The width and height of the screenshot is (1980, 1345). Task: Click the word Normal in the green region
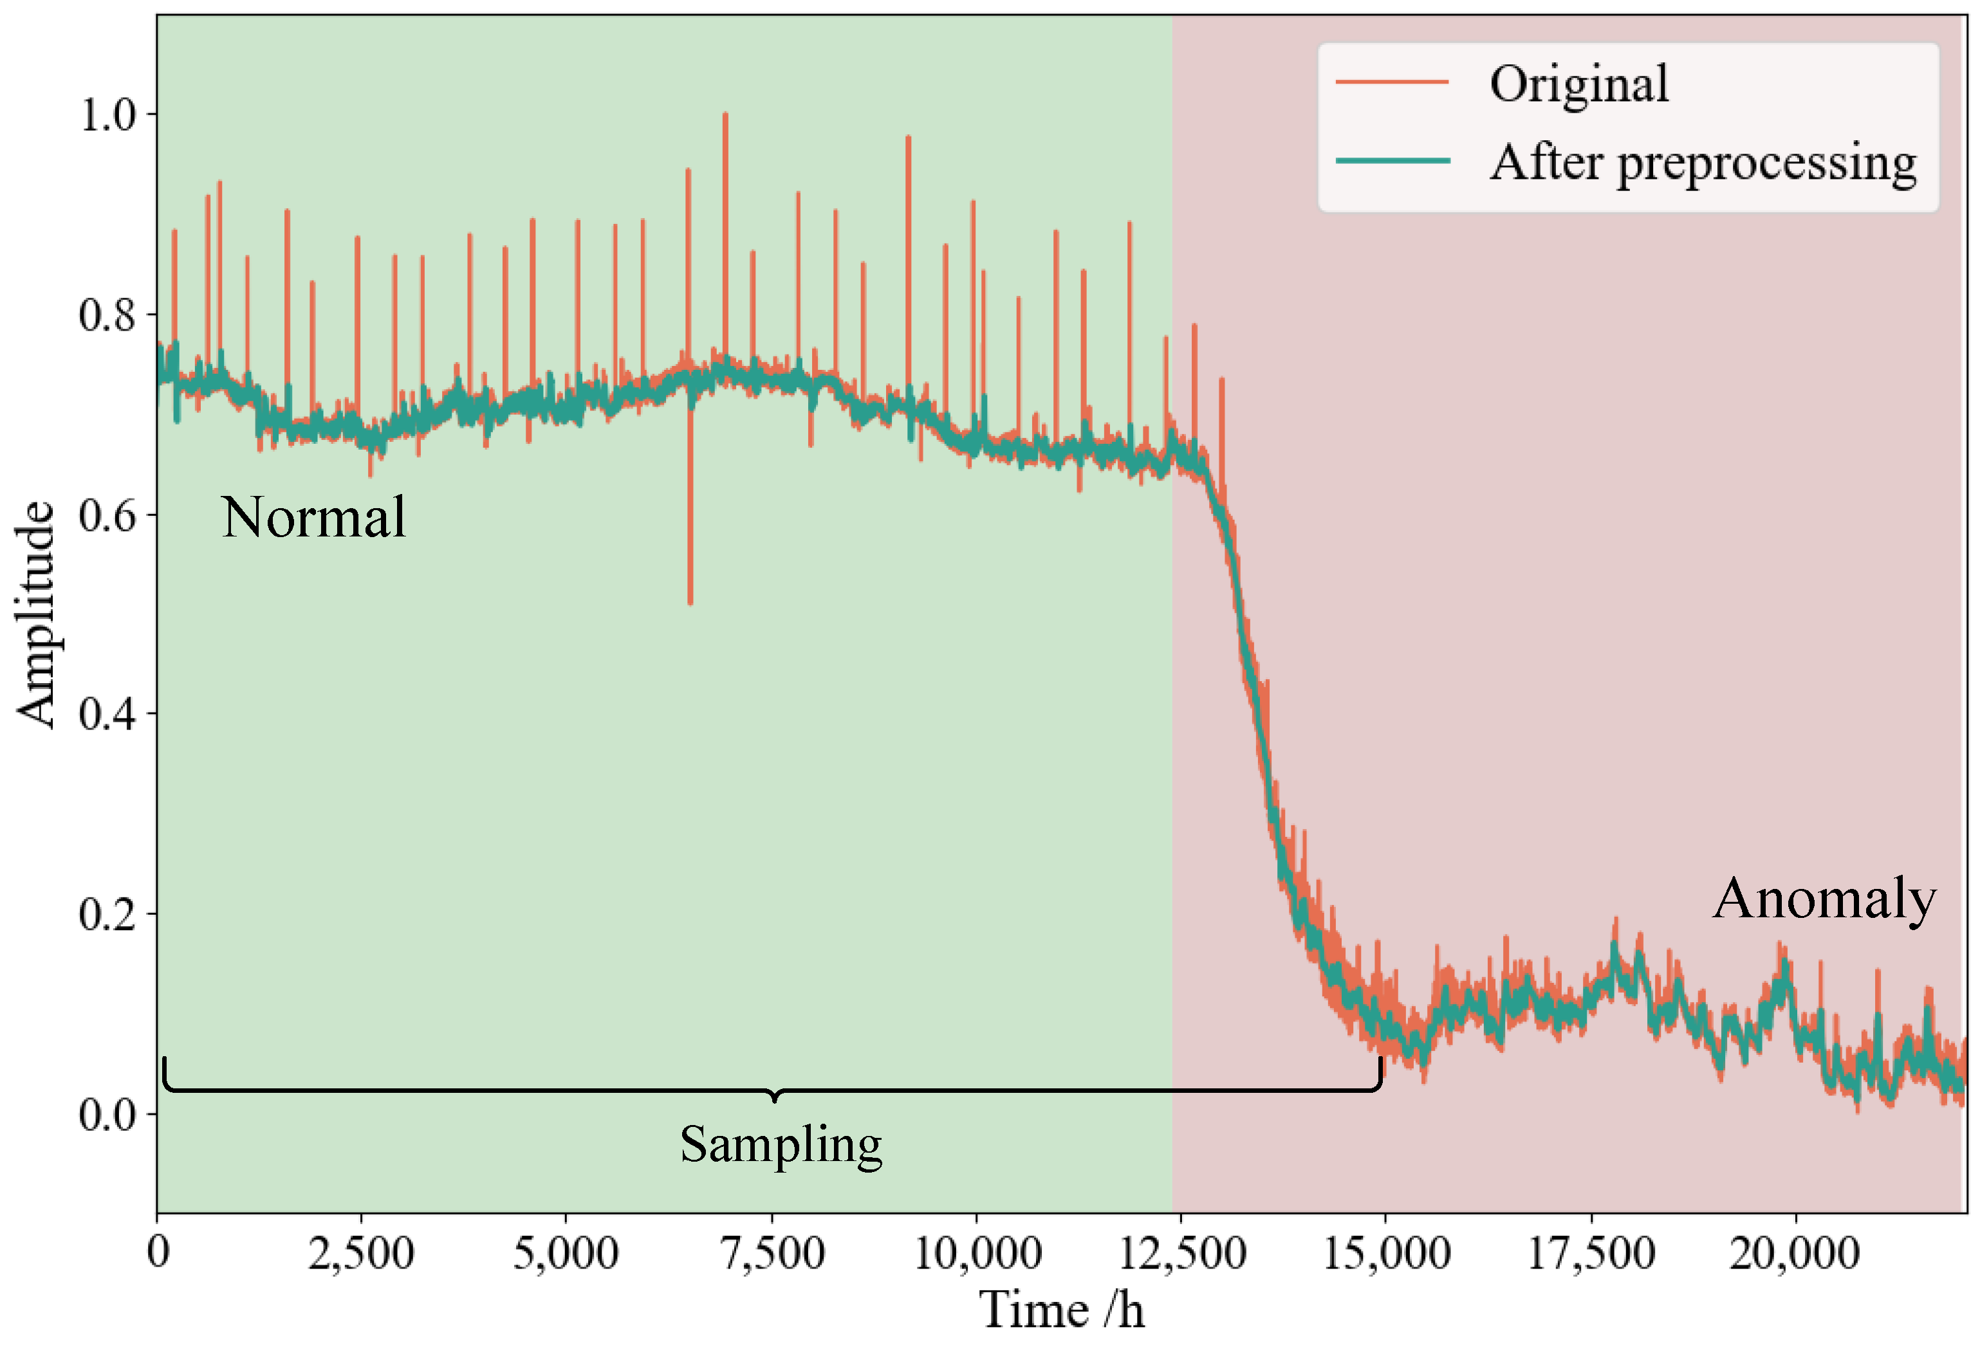coord(313,517)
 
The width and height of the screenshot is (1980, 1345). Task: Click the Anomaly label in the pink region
coord(1824,899)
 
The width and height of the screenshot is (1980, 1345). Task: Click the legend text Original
coord(1578,84)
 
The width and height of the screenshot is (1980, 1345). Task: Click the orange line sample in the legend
coord(1392,82)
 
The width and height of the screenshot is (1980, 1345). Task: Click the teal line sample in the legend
coord(1392,161)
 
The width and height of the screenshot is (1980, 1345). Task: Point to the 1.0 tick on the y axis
coord(107,114)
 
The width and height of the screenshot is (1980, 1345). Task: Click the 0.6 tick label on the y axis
coord(107,515)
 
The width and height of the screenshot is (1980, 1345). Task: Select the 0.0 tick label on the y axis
coord(107,1114)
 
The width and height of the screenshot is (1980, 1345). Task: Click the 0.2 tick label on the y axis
coord(107,914)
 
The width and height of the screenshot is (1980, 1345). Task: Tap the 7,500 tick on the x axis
coord(773,1253)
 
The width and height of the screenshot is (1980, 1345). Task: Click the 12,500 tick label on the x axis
coord(1181,1253)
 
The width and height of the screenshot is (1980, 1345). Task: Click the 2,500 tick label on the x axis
coord(361,1253)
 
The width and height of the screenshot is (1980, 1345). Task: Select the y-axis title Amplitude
coord(36,613)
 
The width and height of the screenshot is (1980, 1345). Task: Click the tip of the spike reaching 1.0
coord(725,114)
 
